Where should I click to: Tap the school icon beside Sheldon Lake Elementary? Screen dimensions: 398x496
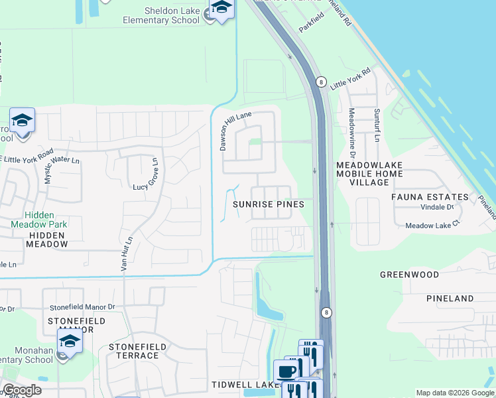point(221,9)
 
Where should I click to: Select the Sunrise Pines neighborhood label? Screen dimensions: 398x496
point(269,204)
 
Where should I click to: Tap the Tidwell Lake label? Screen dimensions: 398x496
point(245,385)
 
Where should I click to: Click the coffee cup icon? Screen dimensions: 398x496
point(286,371)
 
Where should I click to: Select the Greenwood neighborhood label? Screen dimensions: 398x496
point(409,274)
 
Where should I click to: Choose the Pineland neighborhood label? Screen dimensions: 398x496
point(450,299)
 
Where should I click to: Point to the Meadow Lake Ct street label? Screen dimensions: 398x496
point(432,226)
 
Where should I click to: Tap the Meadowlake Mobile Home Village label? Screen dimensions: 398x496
point(369,173)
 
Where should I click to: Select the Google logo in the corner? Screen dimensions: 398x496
point(21,390)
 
